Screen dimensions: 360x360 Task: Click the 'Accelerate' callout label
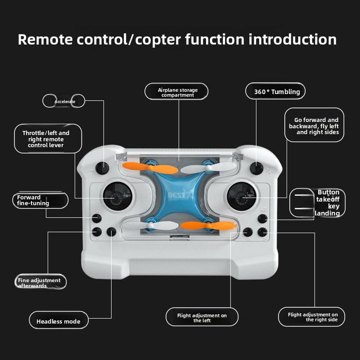point(64,101)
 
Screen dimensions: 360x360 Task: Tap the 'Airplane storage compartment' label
point(176,92)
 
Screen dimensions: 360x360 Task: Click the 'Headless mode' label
point(58,321)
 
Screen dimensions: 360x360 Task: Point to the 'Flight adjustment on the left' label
point(202,317)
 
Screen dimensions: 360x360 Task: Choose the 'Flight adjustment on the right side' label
point(311,317)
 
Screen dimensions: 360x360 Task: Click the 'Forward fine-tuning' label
point(39,200)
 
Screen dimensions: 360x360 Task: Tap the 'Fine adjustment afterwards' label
point(40,282)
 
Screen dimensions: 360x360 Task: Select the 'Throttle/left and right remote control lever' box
point(47,139)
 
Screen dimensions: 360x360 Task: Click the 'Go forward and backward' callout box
point(314,126)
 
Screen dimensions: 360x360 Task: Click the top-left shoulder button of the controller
point(102,168)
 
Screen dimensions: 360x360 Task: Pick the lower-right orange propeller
point(208,226)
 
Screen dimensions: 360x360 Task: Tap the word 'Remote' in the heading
point(46,40)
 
